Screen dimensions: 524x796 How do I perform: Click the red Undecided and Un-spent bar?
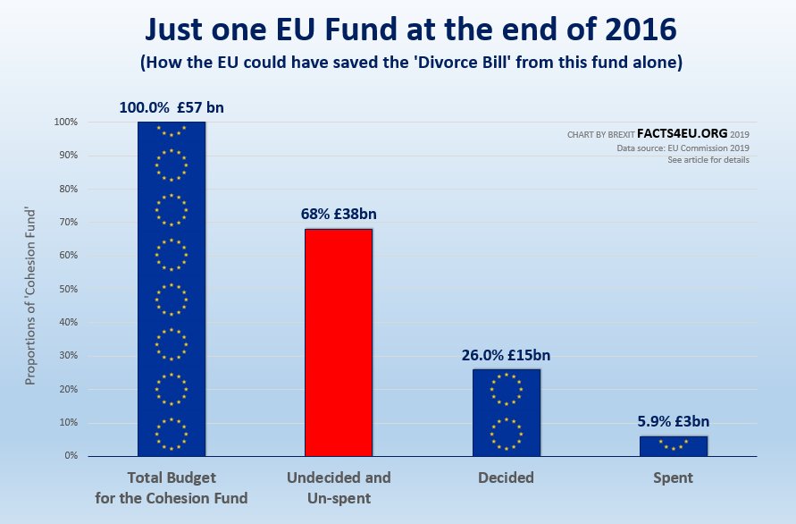tap(339, 342)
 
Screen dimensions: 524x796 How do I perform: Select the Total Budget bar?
tap(172, 289)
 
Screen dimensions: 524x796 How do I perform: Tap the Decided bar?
tap(507, 412)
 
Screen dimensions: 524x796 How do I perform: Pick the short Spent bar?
tap(674, 445)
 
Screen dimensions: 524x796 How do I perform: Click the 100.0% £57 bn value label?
tap(172, 107)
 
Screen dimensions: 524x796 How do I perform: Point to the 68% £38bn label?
tap(339, 215)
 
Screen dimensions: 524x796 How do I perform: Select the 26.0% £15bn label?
tap(506, 355)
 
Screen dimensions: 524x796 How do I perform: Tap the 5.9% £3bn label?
tap(674, 422)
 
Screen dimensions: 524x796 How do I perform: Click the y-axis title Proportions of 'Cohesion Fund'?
tap(30, 289)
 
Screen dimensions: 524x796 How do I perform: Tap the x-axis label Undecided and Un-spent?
tap(339, 487)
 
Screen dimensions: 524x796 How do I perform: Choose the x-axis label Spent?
tap(674, 478)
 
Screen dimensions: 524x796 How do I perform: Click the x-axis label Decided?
tap(506, 478)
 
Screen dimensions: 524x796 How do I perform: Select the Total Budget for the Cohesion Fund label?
tap(171, 487)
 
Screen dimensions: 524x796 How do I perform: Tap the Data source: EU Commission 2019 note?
tap(683, 148)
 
